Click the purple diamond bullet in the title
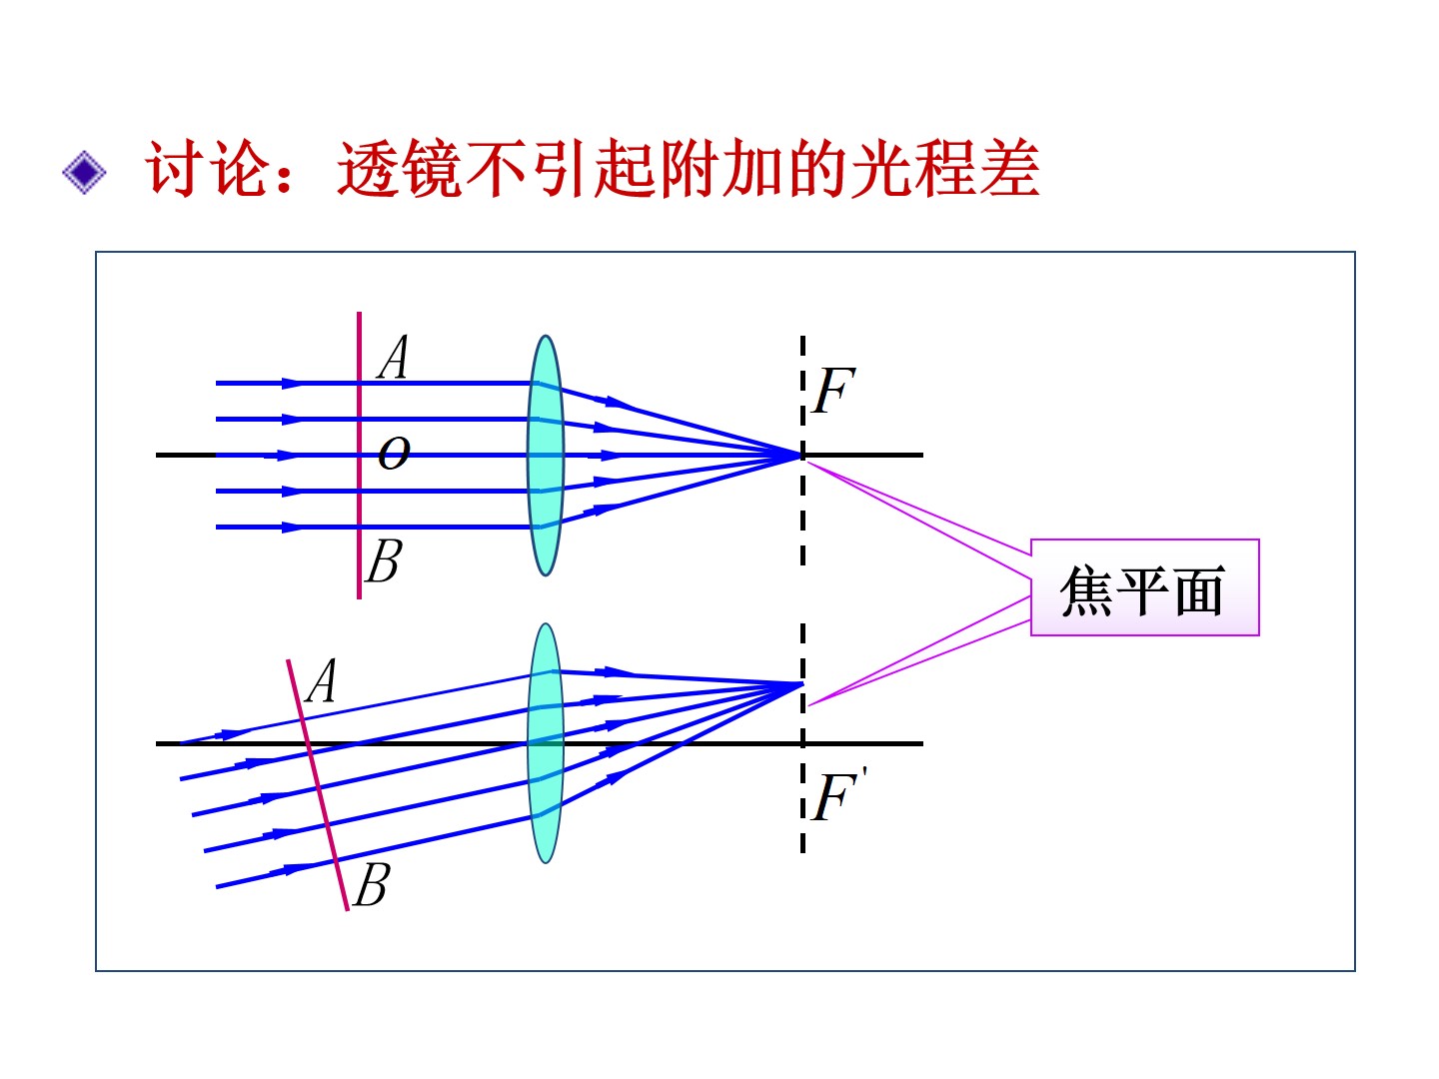click(x=84, y=172)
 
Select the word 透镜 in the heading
click(x=399, y=169)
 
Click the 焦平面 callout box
click(x=1144, y=587)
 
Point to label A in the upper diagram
click(x=394, y=358)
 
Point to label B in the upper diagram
click(x=384, y=561)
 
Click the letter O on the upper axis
click(x=394, y=454)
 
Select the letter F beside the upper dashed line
click(x=833, y=391)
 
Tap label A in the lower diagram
click(x=322, y=682)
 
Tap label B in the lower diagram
click(x=371, y=885)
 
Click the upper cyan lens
click(x=546, y=455)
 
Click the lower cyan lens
click(x=546, y=743)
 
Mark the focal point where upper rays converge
click(x=801, y=456)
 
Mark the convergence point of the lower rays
click(x=801, y=684)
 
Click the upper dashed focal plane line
click(x=802, y=520)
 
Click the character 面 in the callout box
click(x=1199, y=590)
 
